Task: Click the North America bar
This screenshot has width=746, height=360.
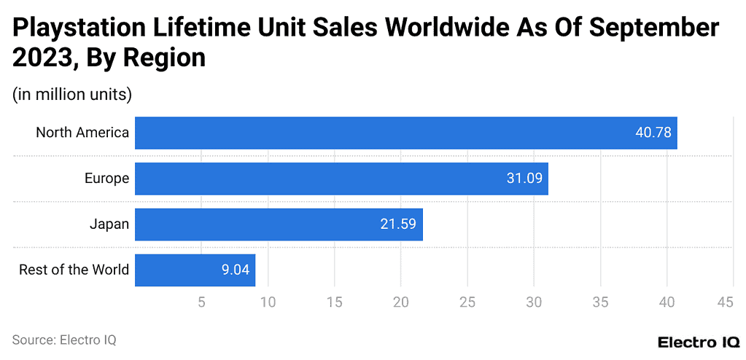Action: pyautogui.click(x=405, y=133)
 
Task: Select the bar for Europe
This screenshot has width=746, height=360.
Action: pyautogui.click(x=341, y=179)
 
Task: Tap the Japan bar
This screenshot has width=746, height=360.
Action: pyautogui.click(x=279, y=224)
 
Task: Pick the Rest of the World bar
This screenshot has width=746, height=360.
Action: pyautogui.click(x=195, y=270)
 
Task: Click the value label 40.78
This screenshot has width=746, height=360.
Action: pyautogui.click(x=653, y=133)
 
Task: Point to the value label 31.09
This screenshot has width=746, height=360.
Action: pyautogui.click(x=524, y=179)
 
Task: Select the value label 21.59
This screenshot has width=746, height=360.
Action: pyautogui.click(x=398, y=224)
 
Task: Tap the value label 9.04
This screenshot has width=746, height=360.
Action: pyautogui.click(x=236, y=270)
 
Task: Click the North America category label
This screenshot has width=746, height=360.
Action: pyautogui.click(x=82, y=133)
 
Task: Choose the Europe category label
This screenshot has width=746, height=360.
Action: pyautogui.click(x=106, y=179)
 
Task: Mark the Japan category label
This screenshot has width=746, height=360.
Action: pyautogui.click(x=109, y=224)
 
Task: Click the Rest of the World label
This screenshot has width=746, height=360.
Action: pyautogui.click(x=74, y=270)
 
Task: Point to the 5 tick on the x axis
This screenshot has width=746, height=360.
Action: pyautogui.click(x=201, y=302)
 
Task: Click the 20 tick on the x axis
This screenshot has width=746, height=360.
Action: pyautogui.click(x=400, y=302)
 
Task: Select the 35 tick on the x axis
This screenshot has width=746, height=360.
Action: pyautogui.click(x=599, y=302)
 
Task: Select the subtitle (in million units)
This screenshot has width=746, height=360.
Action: pyautogui.click(x=71, y=94)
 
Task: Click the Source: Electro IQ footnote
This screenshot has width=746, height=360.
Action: pyautogui.click(x=64, y=340)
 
